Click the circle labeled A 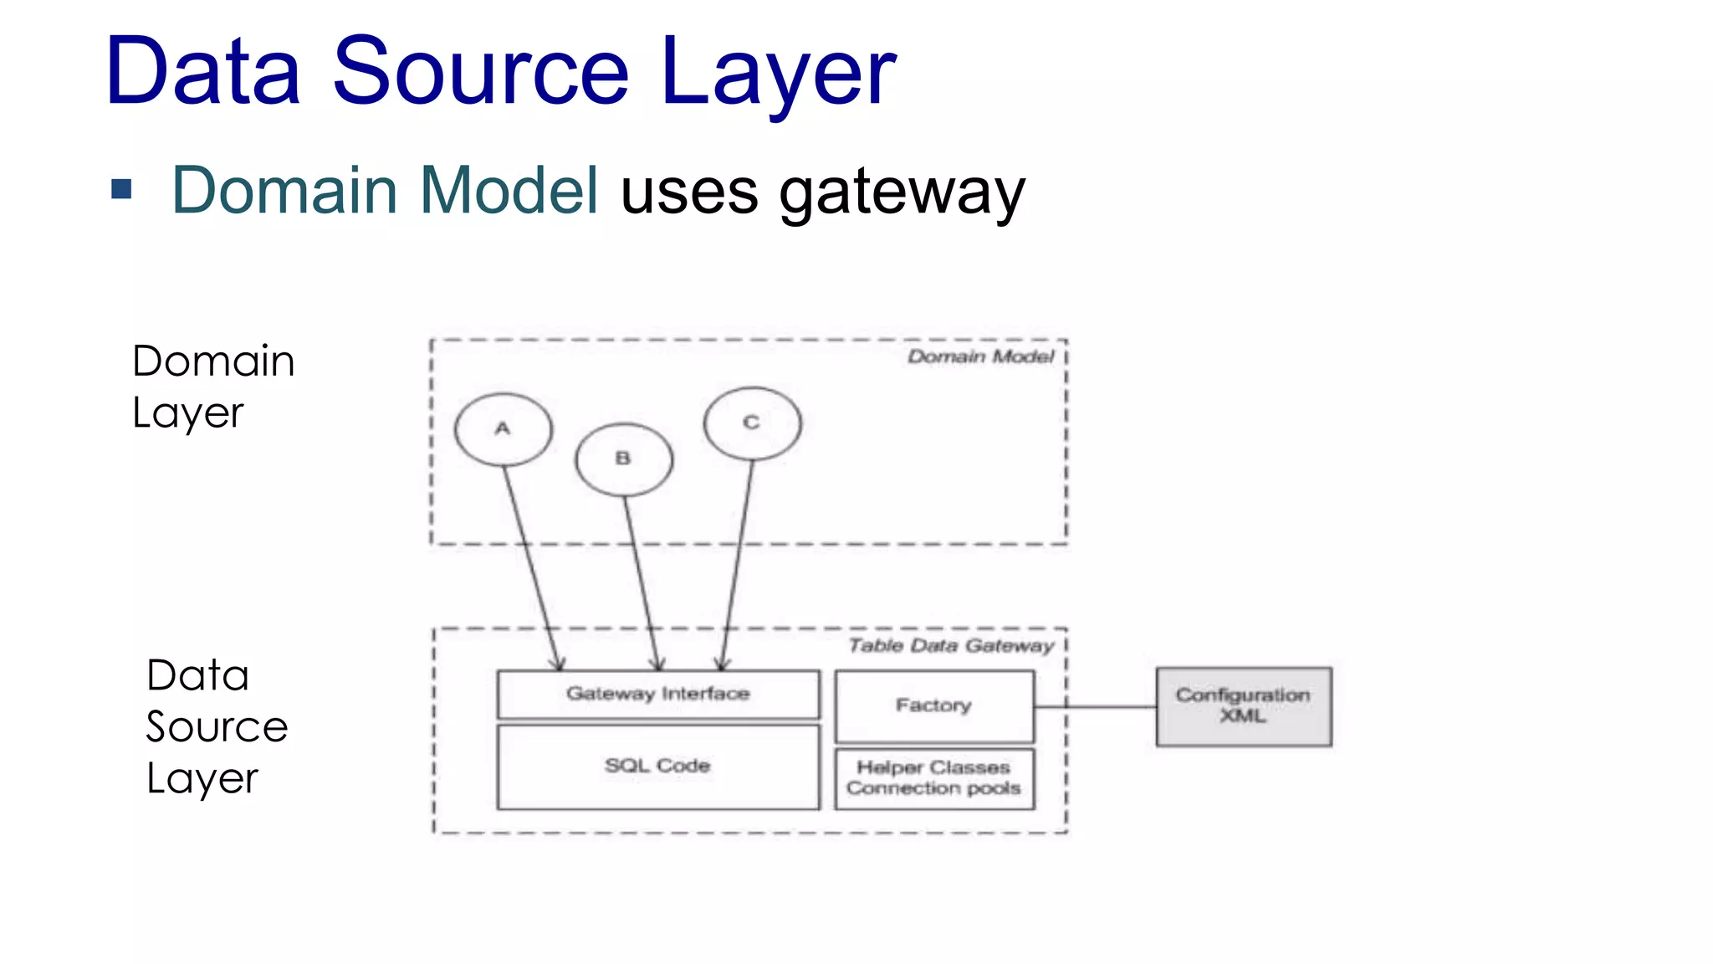(x=503, y=429)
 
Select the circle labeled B (x=623, y=459)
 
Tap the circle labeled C (x=752, y=423)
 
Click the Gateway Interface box (x=658, y=694)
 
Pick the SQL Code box (x=658, y=767)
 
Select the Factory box (x=933, y=706)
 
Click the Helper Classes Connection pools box (x=933, y=778)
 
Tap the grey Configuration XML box (x=1243, y=706)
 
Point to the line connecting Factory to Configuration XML (x=1096, y=707)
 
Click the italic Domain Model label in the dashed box (x=980, y=357)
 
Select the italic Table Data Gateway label (x=951, y=646)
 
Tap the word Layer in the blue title (x=778, y=74)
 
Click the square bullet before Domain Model (x=122, y=189)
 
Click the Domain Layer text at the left (x=213, y=387)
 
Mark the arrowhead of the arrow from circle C (x=722, y=666)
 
